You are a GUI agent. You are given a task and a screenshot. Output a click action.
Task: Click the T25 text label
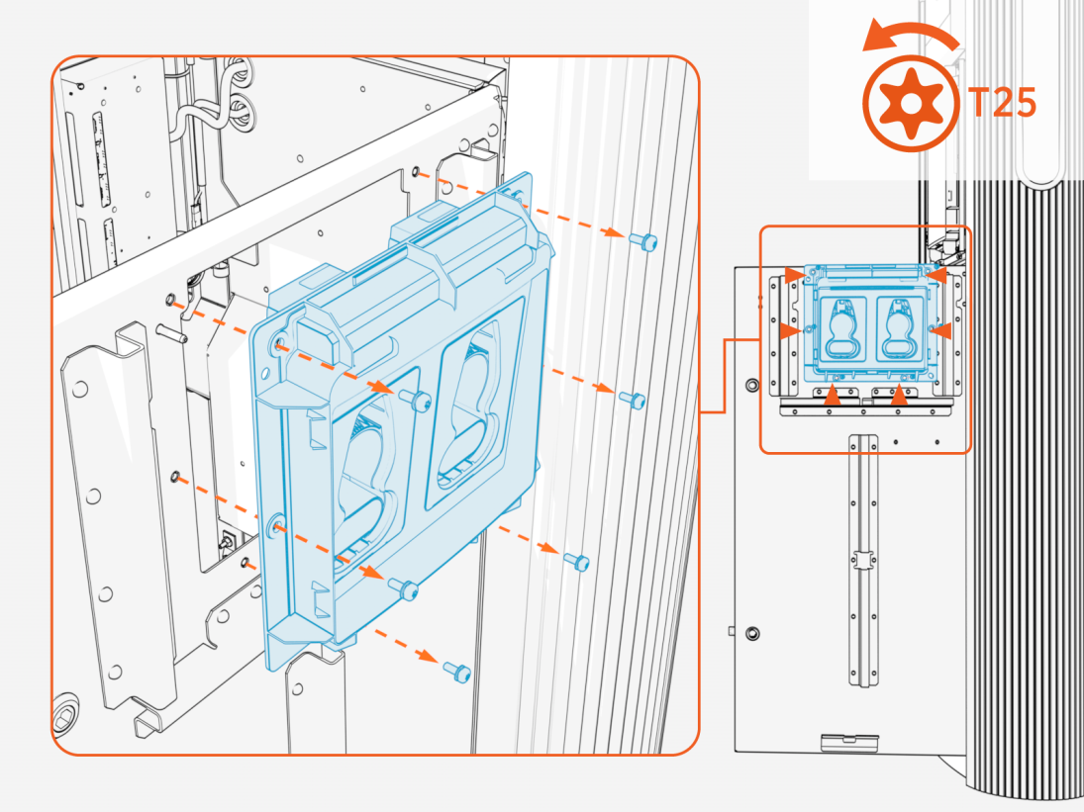1000,103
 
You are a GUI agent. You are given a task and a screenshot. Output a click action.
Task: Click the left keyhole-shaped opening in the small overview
838,328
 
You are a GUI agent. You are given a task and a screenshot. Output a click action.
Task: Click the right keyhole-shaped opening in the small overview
899,328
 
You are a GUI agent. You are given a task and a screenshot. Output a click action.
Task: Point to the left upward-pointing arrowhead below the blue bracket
835,397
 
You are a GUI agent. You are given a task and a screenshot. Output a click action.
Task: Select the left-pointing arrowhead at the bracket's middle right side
942,330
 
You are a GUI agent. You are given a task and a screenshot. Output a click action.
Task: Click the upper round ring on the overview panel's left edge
752,385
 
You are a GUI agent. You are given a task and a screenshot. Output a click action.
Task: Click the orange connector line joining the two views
728,376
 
